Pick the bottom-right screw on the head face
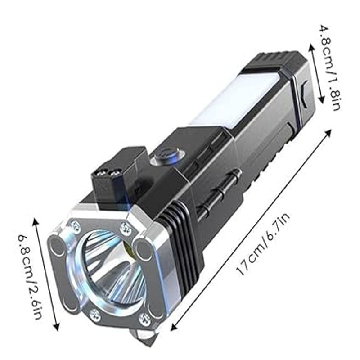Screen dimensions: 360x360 click(x=144, y=319)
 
